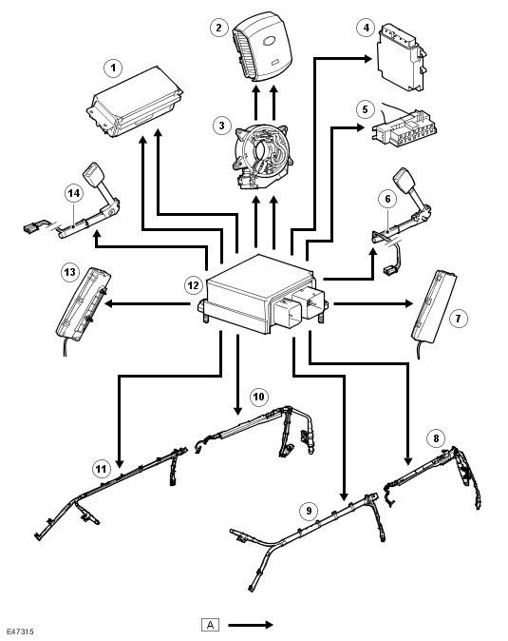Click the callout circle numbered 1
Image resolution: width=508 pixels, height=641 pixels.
(x=113, y=68)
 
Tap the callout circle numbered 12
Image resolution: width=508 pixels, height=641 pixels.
(x=194, y=285)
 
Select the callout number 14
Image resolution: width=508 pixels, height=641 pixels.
(x=74, y=193)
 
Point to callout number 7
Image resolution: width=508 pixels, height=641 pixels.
(x=458, y=318)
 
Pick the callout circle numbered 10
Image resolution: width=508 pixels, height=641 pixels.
(x=258, y=397)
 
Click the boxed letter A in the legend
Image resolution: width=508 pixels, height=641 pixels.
(x=210, y=625)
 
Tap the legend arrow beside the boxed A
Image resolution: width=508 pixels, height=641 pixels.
(x=251, y=625)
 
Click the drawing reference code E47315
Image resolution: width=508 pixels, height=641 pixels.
(x=20, y=631)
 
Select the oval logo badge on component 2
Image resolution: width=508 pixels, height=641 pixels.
(x=271, y=40)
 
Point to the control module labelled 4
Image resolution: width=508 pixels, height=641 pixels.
(x=402, y=57)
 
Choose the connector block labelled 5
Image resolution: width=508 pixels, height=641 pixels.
(x=404, y=128)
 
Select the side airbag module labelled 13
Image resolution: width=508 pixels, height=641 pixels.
(x=84, y=303)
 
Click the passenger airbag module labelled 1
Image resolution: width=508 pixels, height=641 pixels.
(x=135, y=102)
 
